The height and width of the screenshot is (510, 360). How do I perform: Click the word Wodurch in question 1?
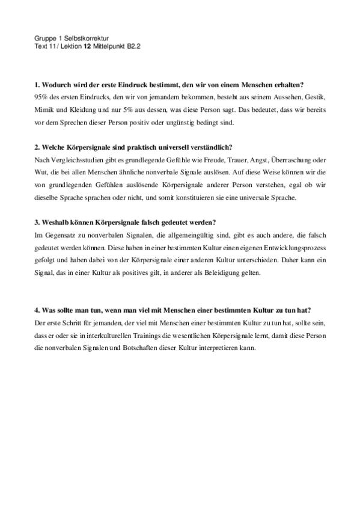pyautogui.click(x=56, y=85)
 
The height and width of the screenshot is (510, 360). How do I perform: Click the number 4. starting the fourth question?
pyautogui.click(x=38, y=310)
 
